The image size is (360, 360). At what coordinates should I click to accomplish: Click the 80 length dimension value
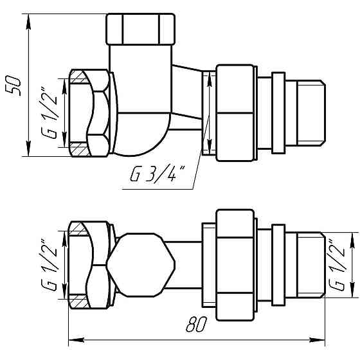coord(196,324)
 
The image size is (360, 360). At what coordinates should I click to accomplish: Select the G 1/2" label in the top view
coord(49,113)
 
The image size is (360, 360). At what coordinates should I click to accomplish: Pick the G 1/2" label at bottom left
coord(49,265)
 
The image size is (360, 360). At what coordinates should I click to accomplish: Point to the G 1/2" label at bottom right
coord(337,265)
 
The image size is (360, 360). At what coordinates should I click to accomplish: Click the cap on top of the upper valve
coord(141,29)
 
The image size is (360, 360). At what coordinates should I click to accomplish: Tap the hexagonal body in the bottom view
coord(141,265)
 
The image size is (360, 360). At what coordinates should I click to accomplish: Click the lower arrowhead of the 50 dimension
coord(28,148)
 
